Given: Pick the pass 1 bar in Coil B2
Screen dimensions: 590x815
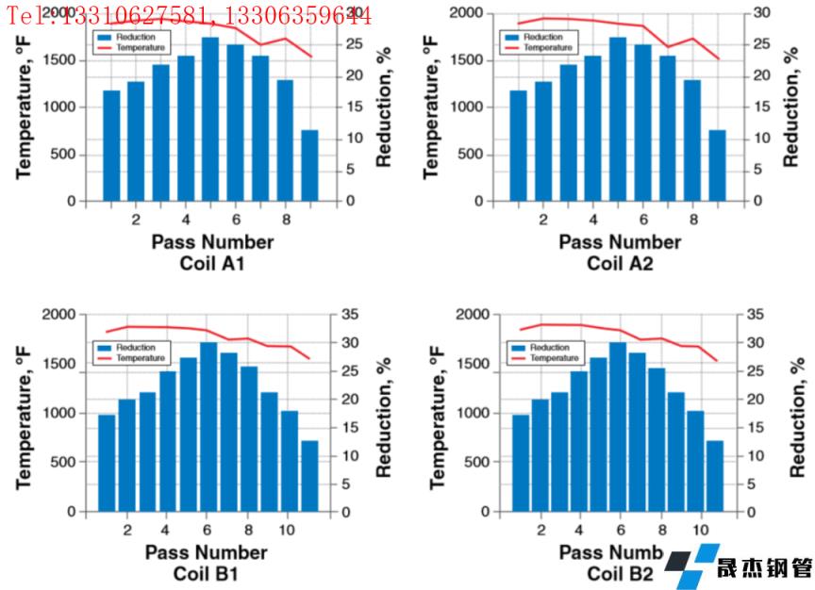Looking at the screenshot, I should [520, 463].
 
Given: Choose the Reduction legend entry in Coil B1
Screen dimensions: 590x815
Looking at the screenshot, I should [131, 348].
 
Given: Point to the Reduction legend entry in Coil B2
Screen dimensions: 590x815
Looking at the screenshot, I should [546, 348].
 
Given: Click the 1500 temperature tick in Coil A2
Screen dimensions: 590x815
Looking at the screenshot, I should [471, 60].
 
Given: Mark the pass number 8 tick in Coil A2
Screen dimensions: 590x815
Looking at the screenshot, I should [693, 220].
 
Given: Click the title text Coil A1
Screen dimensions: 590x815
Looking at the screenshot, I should [212, 263].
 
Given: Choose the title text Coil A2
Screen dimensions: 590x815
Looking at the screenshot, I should [620, 263].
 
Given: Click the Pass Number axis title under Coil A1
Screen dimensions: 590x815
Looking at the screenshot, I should [212, 242].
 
